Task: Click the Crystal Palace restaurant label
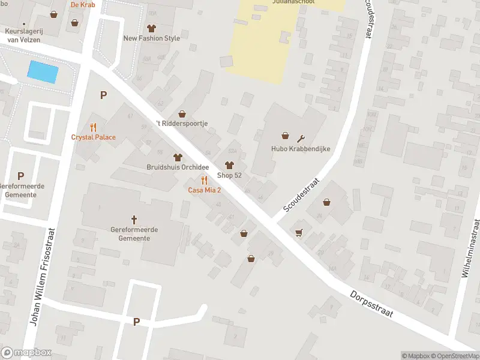click(93, 137)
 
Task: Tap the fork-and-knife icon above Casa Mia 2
click(204, 180)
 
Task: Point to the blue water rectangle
click(43, 72)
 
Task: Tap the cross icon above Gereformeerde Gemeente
click(134, 220)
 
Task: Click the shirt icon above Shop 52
click(229, 165)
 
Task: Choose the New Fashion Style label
click(151, 38)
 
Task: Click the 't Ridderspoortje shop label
click(181, 123)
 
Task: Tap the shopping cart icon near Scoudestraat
click(298, 232)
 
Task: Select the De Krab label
click(83, 4)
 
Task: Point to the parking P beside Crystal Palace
click(103, 95)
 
